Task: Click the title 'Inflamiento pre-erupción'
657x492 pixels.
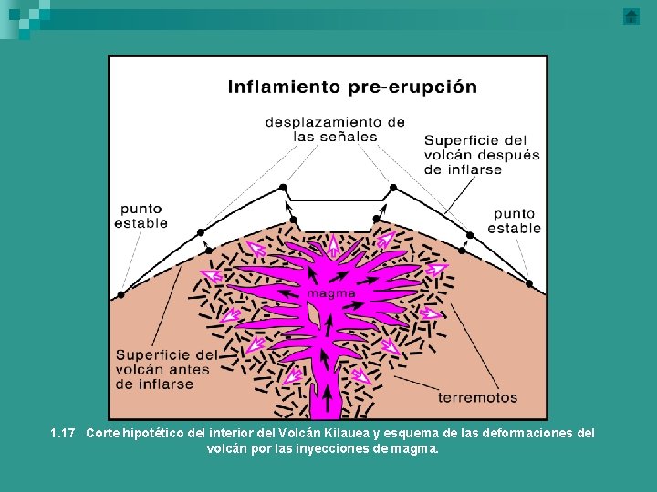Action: coord(351,87)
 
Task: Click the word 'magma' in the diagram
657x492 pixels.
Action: coord(331,293)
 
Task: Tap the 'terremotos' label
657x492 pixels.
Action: coord(477,397)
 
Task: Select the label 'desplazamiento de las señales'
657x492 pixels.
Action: coord(335,128)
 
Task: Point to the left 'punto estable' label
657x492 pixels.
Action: coord(142,215)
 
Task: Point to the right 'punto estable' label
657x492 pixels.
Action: coord(514,220)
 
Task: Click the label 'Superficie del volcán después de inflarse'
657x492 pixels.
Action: coord(482,155)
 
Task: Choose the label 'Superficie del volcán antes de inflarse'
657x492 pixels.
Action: coord(166,369)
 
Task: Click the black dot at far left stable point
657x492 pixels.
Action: coord(120,295)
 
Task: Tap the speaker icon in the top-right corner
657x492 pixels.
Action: coord(631,16)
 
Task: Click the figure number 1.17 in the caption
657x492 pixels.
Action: coord(63,434)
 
